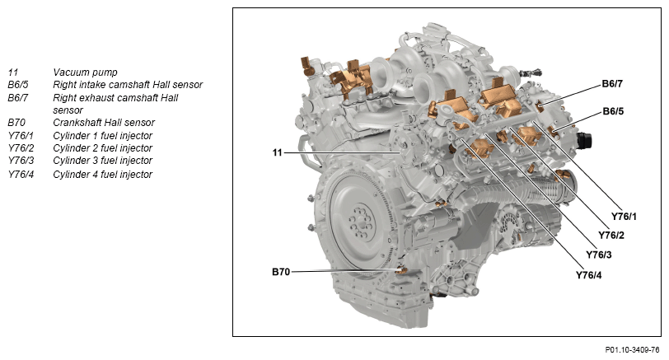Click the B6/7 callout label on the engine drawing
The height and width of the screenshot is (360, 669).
coord(612,84)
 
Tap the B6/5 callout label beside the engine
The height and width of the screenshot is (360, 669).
coord(613,111)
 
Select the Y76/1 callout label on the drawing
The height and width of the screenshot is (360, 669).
coord(624,217)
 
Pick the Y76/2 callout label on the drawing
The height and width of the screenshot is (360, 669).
coord(611,236)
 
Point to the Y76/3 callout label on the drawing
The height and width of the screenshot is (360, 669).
coord(599,255)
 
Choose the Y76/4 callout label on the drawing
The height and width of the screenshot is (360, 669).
coord(589,275)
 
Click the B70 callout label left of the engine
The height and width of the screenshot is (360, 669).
coord(281,272)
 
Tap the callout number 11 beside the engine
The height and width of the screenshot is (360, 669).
coord(278,152)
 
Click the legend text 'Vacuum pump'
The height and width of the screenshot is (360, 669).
coord(85,72)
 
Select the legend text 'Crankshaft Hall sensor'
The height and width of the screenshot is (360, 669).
coord(104,123)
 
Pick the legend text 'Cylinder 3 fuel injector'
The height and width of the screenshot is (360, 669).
coord(102,161)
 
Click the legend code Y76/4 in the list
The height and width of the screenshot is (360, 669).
coord(21,175)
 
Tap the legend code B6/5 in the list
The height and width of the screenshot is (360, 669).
coord(18,85)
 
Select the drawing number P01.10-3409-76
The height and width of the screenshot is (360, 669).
coord(632,350)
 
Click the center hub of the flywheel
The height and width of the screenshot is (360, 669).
coord(360,223)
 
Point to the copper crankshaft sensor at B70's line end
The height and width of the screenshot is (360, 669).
coord(400,270)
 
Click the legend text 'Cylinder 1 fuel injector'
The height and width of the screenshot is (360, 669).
coord(102,136)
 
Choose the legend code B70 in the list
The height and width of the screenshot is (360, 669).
coord(16,123)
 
